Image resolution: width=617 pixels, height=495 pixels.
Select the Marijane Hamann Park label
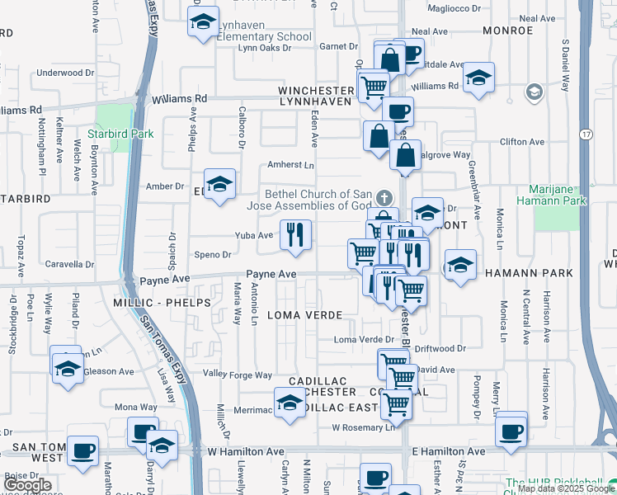pos(563,194)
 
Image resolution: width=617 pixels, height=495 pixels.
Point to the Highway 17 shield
pos(586,134)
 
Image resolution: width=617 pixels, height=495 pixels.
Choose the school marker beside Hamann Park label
pos(459,266)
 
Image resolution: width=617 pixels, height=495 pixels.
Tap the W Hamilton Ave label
pos(247,452)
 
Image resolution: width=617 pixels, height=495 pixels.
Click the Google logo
pos(28,486)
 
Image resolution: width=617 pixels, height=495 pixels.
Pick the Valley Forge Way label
pos(238,375)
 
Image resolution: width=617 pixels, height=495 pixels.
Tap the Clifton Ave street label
pos(521,142)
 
